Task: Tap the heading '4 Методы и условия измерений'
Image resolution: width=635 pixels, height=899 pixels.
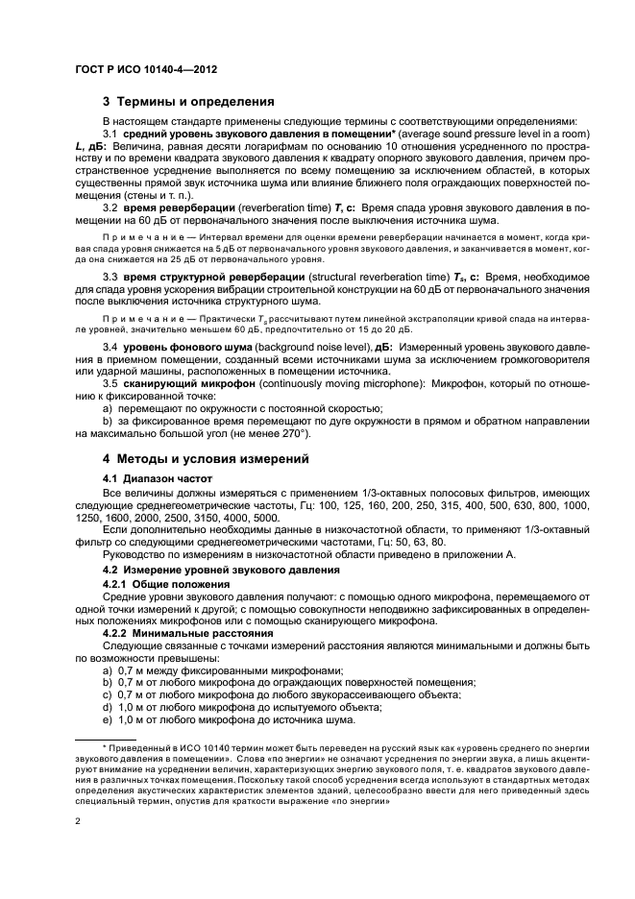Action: click(206, 457)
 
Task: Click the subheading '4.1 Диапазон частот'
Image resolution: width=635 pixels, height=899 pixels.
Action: click(158, 477)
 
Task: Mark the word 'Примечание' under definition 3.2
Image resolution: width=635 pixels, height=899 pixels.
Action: click(134, 236)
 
